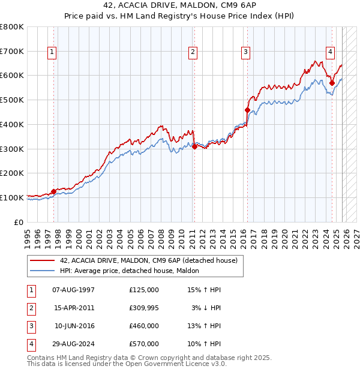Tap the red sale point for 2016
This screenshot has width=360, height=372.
pyautogui.click(x=247, y=110)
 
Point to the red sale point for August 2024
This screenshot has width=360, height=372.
pyautogui.click(x=332, y=83)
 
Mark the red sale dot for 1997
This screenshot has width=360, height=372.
pyautogui.click(x=53, y=191)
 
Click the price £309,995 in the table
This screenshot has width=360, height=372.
pyautogui.click(x=143, y=307)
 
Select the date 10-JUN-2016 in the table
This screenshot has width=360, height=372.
pyautogui.click(x=74, y=326)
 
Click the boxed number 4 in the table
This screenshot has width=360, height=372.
pyautogui.click(x=31, y=344)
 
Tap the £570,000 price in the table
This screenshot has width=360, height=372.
pyautogui.click(x=143, y=344)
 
